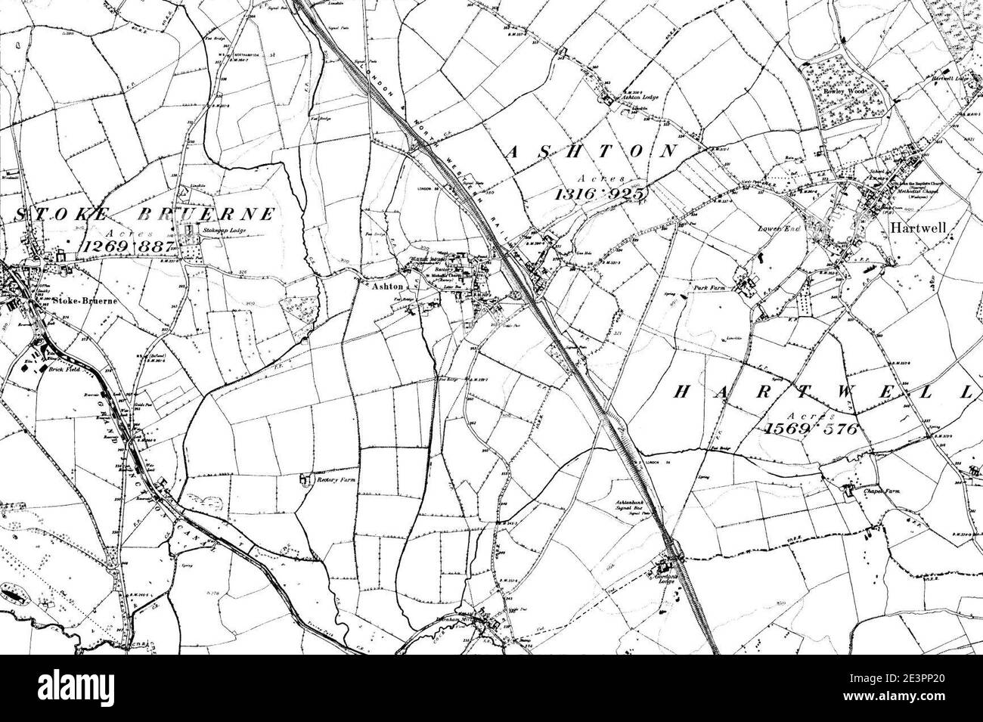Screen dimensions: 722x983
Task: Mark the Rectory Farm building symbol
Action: click(305, 479)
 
